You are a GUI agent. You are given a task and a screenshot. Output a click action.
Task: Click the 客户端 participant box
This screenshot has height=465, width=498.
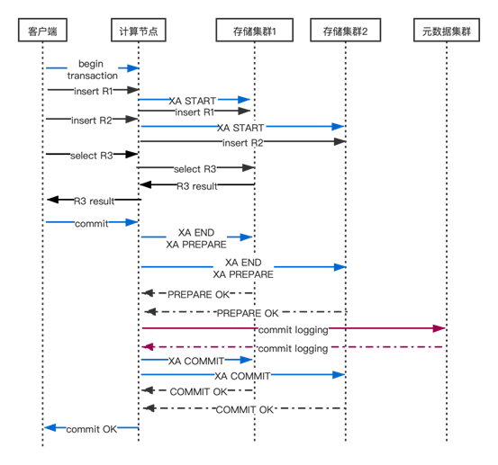point(42,31)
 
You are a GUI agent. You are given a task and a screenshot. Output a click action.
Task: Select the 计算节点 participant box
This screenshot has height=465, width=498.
point(139,31)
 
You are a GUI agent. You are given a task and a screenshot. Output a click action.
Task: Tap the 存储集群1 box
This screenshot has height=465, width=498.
point(254,31)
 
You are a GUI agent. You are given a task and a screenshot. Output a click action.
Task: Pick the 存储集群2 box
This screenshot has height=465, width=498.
point(346,31)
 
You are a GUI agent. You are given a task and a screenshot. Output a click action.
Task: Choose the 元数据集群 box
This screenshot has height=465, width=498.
point(447,31)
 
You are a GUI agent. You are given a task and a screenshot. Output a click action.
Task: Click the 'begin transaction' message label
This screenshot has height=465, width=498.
point(92,70)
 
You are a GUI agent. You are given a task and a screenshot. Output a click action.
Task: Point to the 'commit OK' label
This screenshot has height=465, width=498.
point(92,429)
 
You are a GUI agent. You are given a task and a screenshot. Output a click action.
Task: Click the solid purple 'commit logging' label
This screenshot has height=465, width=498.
point(294,330)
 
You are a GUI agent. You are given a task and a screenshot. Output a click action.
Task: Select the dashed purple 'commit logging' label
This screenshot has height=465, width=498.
point(294,349)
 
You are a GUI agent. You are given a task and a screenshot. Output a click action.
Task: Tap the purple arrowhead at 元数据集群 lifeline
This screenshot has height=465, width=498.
point(439,328)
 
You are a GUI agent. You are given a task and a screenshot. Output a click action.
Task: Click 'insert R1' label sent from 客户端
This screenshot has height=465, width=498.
point(94,92)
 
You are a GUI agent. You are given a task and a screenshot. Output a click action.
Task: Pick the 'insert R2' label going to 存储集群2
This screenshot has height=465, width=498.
point(243,143)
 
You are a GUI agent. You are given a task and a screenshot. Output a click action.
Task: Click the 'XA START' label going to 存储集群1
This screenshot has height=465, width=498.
point(193,101)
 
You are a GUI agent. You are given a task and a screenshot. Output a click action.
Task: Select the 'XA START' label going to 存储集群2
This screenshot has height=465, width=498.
point(240,128)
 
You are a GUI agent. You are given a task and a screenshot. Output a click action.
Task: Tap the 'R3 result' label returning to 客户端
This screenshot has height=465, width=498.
point(94,201)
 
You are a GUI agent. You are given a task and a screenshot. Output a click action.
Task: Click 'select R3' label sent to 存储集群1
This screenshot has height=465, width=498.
point(195,169)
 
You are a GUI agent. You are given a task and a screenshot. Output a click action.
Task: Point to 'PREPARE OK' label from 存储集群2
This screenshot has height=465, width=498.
point(248,313)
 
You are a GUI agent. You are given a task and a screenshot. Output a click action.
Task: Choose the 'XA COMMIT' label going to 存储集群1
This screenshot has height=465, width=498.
point(196,361)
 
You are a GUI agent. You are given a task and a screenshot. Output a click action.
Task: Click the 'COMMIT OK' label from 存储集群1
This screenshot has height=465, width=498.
point(198,392)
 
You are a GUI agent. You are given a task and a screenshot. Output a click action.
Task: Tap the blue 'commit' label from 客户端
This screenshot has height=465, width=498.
point(92,224)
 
